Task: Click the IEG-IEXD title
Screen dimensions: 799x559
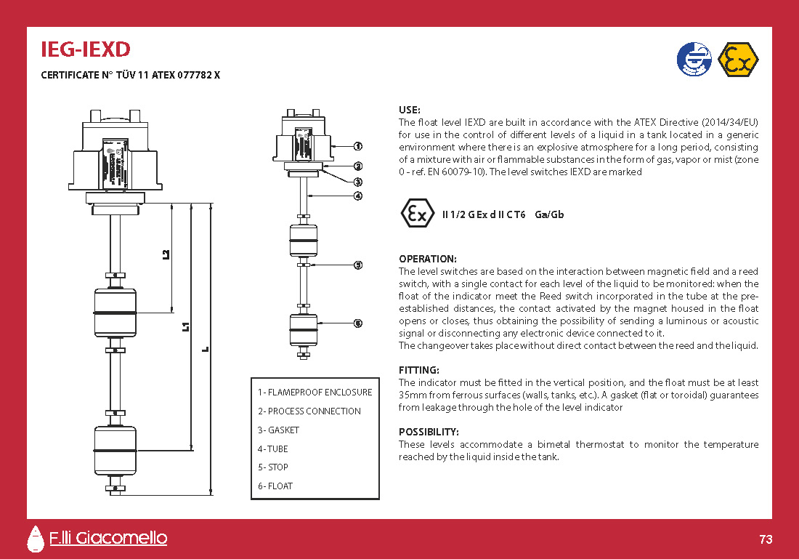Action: point(86,49)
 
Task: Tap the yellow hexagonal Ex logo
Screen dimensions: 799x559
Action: point(738,60)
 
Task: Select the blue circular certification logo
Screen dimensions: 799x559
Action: point(694,60)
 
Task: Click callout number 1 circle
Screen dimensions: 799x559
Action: point(358,146)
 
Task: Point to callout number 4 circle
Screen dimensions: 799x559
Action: point(358,196)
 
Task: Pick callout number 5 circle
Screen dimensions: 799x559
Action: point(358,265)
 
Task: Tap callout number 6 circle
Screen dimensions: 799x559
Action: point(358,323)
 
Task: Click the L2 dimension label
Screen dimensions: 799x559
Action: point(166,254)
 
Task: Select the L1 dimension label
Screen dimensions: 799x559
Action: point(186,326)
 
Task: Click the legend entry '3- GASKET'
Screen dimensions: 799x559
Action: point(278,430)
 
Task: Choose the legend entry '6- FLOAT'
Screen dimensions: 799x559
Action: point(275,486)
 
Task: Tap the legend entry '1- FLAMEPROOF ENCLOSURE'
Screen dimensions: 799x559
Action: point(315,393)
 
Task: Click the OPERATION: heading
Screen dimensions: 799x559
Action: point(428,259)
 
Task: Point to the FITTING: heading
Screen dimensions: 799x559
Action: point(419,370)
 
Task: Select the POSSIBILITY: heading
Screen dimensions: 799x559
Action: point(429,432)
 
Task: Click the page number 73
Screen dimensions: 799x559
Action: point(766,539)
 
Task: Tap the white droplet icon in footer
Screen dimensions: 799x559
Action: point(35,539)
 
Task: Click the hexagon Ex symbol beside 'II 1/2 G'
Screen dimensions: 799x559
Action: point(418,213)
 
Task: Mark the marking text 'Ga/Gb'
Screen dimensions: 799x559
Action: point(549,214)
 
